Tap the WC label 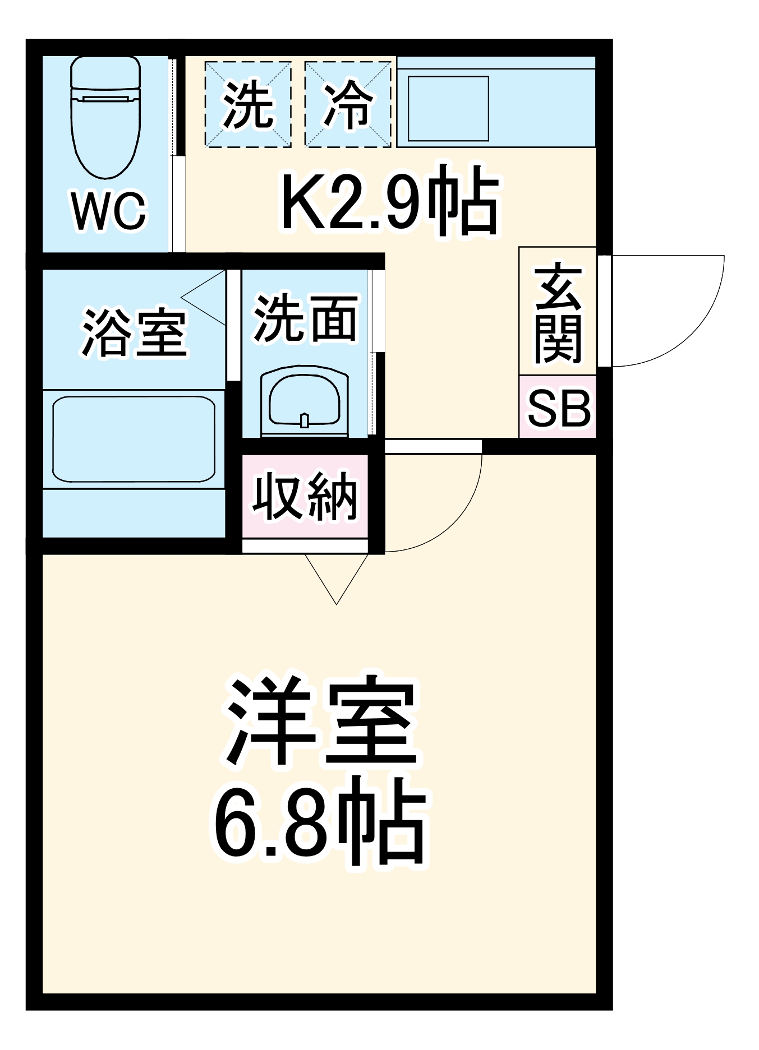109,211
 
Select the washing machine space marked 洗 248,105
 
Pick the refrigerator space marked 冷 348,105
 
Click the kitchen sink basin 448,108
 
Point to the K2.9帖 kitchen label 389,201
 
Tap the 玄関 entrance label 557,312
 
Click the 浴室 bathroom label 134,332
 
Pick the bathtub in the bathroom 134,439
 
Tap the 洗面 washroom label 306,318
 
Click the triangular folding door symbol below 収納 336,577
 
